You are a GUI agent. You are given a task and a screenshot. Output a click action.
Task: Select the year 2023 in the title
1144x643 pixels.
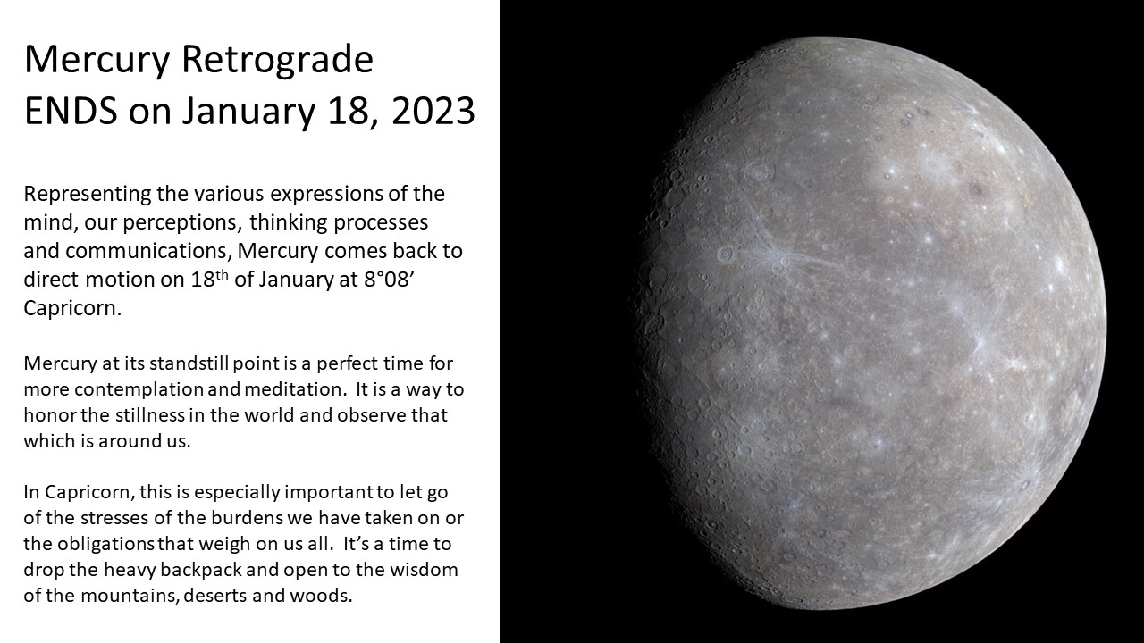[433, 112]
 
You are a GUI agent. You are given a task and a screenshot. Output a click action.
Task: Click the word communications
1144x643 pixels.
[148, 251]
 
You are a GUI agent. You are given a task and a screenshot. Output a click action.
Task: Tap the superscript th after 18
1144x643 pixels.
[221, 274]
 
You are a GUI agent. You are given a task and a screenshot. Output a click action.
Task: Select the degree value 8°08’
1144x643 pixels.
[388, 280]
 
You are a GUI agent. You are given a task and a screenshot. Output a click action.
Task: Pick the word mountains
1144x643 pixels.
[130, 596]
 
